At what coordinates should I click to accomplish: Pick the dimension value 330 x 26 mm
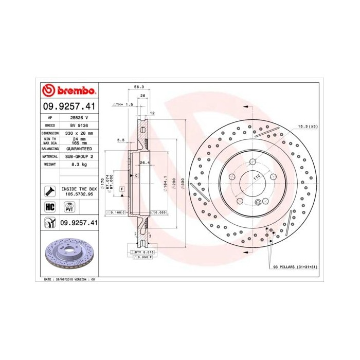pos(76,133)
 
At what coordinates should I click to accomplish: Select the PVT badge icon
pos(68,207)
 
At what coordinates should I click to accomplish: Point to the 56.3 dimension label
pos(138,87)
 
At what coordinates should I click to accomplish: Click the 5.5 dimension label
pos(121,140)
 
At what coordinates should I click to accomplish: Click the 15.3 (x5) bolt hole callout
pos(308,125)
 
